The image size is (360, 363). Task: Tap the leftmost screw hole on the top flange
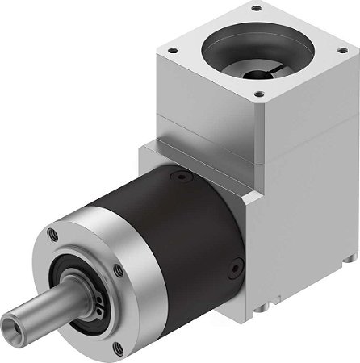171,49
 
